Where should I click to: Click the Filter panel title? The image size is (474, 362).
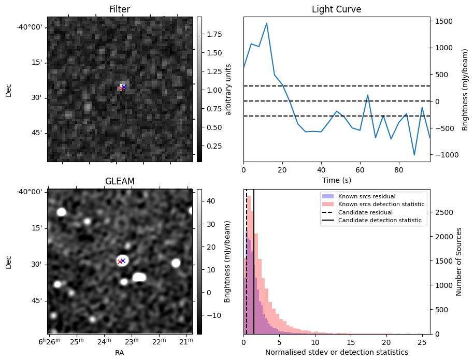coord(119,9)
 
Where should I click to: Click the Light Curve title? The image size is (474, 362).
coord(336,9)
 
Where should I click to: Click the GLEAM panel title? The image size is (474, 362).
coord(119,181)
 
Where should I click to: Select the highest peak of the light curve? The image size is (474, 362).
coord(266,23)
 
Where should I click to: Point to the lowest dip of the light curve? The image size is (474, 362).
coord(414,155)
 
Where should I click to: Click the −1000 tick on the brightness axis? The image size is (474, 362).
coord(443,155)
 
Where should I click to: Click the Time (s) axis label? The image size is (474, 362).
coord(336,179)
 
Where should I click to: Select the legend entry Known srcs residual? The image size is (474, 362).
coord(366,197)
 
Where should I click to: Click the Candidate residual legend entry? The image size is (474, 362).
coord(365,213)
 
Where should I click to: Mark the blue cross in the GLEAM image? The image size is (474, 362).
coord(123,260)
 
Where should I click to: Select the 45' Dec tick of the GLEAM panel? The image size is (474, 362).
coord(37,300)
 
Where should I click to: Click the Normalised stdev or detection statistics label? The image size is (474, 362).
coord(336,352)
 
